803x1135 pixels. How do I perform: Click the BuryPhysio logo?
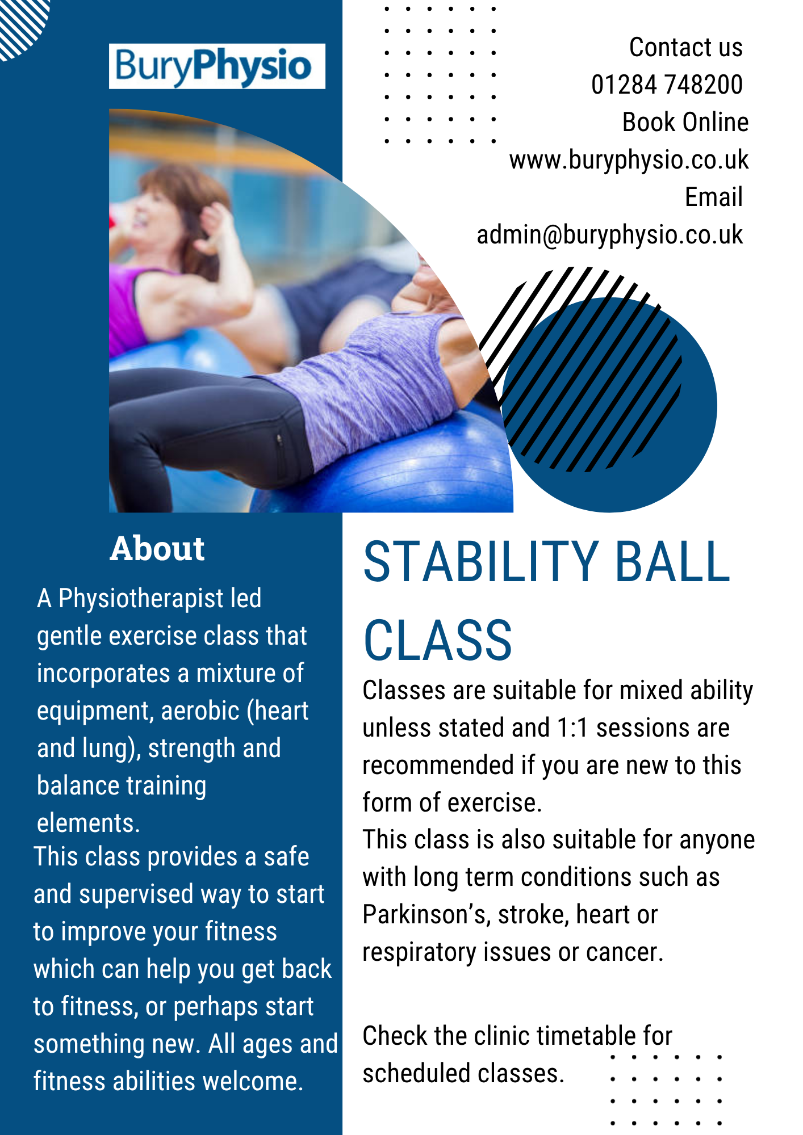(x=217, y=66)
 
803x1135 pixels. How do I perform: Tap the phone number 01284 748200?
(x=667, y=85)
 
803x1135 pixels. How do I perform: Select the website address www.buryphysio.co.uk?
(x=629, y=160)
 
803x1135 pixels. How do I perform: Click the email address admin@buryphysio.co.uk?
(x=609, y=235)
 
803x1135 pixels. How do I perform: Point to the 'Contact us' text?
(x=686, y=47)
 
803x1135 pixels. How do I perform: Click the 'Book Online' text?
(x=685, y=122)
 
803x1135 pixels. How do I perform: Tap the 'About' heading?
(x=157, y=549)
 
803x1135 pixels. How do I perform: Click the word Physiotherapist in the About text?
(x=141, y=599)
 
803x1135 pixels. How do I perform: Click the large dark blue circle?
(x=609, y=405)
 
